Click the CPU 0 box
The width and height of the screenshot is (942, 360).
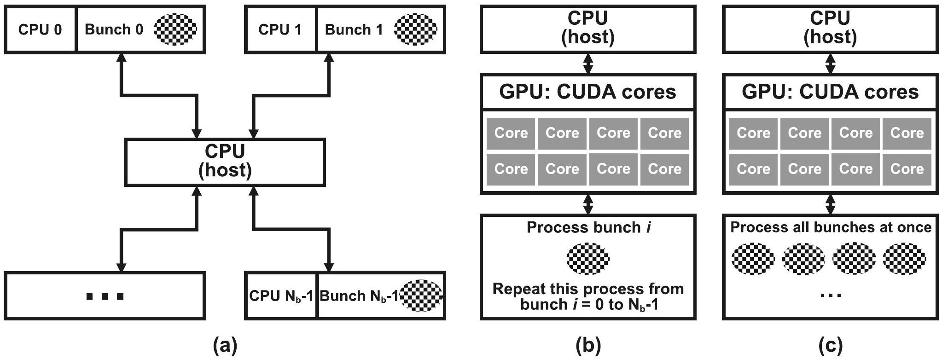40,29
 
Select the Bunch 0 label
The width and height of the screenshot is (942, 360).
114,29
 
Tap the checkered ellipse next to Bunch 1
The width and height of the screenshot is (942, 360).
416,29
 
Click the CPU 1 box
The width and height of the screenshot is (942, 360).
280,29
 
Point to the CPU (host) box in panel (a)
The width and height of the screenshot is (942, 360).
225,161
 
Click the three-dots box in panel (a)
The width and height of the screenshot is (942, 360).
105,296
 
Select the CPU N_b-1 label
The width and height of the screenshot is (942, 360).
281,296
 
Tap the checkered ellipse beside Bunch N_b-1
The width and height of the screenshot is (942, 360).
421,296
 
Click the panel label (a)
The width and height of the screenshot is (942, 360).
225,345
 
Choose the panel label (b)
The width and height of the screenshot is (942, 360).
588,345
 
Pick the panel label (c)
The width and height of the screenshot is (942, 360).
830,345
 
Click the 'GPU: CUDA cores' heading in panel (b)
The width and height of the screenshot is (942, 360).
588,92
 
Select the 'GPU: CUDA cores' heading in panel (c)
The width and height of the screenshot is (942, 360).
830,92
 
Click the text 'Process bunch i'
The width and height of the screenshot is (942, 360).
588,227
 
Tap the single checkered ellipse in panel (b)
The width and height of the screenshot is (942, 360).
588,259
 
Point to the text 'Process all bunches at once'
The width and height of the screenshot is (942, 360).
831,227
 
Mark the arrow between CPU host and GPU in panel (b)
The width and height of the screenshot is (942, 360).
588,63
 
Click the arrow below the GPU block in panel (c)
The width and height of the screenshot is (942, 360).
830,204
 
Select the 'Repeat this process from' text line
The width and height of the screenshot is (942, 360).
588,289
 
